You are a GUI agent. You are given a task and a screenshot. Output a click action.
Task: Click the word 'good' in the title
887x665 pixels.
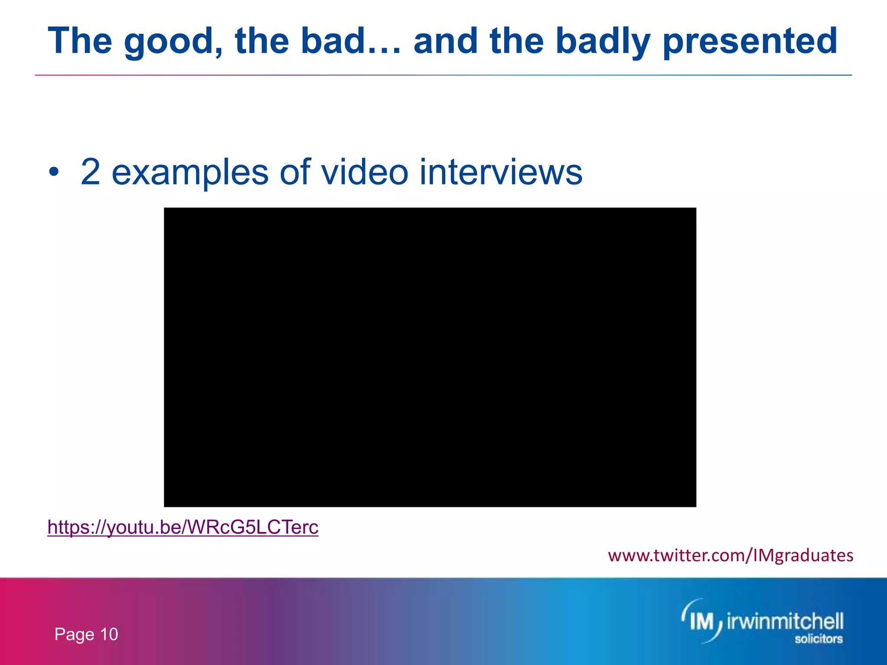click(x=173, y=42)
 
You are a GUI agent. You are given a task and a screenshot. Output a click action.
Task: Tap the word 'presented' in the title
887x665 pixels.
click(x=750, y=42)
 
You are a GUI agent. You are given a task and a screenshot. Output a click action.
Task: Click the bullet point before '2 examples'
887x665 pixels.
click(x=53, y=172)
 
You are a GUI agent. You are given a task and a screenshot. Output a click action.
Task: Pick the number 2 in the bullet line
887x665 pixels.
click(x=91, y=172)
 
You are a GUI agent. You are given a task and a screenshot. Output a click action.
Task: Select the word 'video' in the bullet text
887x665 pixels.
click(x=364, y=172)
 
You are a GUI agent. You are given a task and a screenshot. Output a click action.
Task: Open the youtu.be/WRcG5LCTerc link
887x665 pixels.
click(x=183, y=527)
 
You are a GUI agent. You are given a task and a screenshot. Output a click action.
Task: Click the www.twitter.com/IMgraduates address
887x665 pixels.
click(x=730, y=555)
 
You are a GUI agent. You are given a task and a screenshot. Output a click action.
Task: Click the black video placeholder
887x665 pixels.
click(x=430, y=357)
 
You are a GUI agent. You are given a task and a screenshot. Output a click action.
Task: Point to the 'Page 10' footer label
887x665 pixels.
click(x=86, y=634)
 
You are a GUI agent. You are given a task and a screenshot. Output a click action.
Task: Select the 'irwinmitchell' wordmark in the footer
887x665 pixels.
click(x=784, y=622)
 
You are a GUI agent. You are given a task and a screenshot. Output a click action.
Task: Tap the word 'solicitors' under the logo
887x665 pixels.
click(x=818, y=639)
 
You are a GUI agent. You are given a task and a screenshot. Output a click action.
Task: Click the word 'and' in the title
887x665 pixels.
click(x=446, y=42)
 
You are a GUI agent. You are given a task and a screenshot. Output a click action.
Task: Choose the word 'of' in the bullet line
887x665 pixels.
click(x=295, y=172)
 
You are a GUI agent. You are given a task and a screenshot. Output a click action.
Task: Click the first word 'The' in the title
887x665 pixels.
click(x=80, y=42)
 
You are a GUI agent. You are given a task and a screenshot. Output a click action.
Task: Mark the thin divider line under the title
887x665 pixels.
click(x=443, y=75)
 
